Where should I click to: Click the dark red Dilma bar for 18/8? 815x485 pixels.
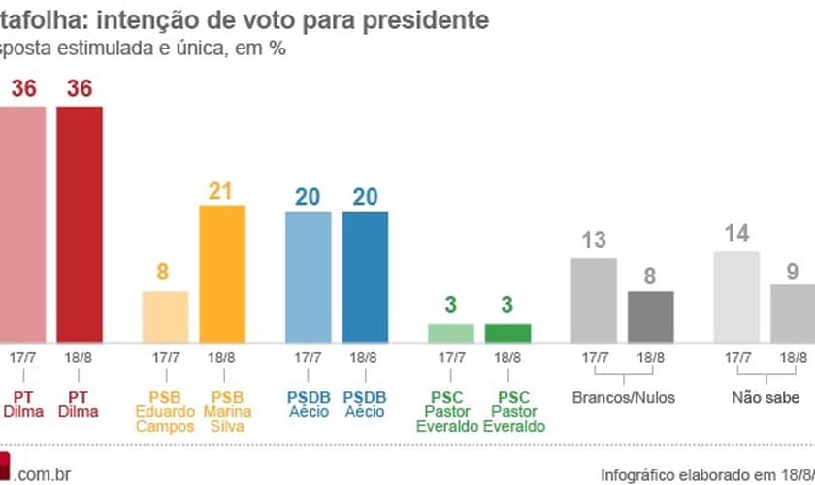pos(80,223)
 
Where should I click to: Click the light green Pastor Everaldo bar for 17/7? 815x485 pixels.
pos(451,333)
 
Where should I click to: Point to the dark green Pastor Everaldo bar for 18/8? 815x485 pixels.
pos(507,333)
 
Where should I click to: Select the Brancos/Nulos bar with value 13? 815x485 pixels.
pos(593,300)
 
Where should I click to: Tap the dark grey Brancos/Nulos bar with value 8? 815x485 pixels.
pos(650,316)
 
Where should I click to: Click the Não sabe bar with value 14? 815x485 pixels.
pos(735,297)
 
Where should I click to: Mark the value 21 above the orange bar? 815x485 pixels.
pos(222,191)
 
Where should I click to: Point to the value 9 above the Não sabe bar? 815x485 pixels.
pos(792,272)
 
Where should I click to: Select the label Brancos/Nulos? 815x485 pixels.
pos(622,397)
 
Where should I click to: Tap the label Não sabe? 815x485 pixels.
pos(766,397)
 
